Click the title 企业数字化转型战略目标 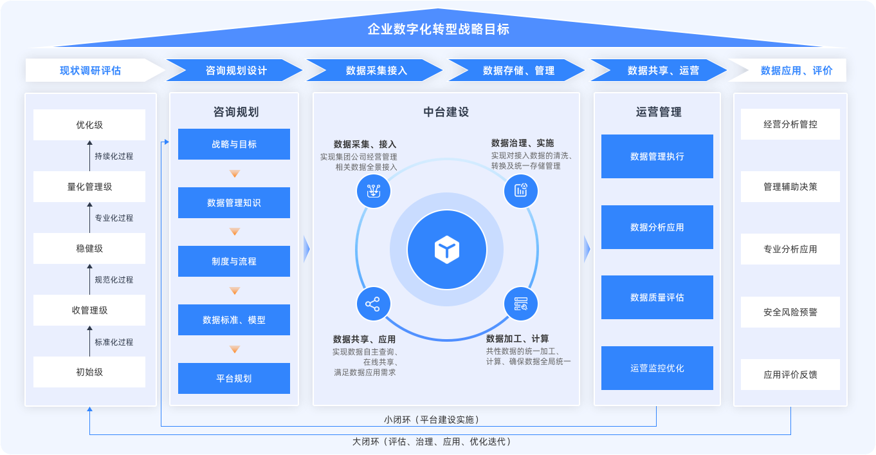438,30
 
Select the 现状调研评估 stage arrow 91,70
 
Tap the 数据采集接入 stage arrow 376,70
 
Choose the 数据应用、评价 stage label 796,70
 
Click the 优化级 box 89,125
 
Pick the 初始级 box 89,372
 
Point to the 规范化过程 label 114,280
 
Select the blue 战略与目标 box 234,144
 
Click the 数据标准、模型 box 234,320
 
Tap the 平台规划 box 234,378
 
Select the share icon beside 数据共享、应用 373,304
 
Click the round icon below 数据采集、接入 373,190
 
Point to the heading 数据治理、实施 522,143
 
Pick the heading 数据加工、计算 517,339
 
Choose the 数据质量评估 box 657,297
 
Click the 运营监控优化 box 657,368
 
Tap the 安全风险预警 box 790,312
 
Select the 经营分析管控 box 790,124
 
